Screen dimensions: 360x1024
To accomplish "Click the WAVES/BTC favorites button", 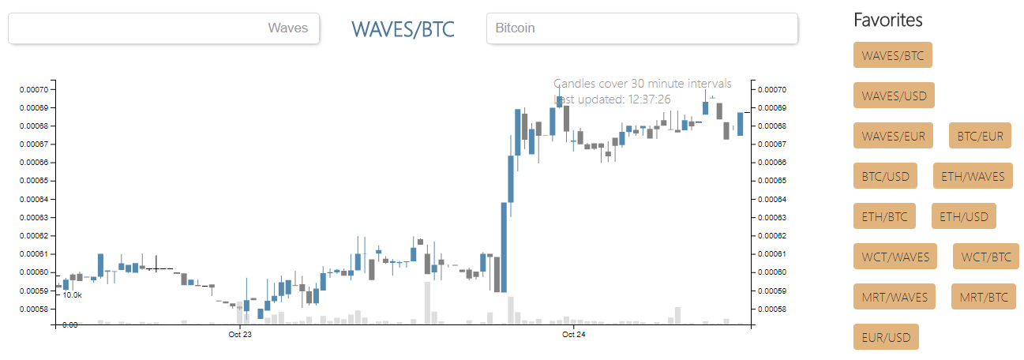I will tap(893, 55).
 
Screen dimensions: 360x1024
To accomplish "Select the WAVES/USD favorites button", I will tap(895, 96).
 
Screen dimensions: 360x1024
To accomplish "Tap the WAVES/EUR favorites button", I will tap(894, 136).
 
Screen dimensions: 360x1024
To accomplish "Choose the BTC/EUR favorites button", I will tap(980, 136).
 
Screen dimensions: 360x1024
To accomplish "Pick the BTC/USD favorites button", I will tap(885, 176).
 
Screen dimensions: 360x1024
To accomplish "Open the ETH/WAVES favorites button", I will tap(973, 176).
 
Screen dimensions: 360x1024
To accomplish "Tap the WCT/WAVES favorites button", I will tap(895, 257).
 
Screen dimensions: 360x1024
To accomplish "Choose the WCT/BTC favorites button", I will tap(986, 257).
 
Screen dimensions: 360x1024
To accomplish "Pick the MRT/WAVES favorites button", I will tap(895, 297).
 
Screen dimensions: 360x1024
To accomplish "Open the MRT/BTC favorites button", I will tap(983, 297).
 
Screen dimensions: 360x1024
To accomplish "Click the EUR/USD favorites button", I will tap(886, 337).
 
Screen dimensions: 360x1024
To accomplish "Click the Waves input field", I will tap(163, 28).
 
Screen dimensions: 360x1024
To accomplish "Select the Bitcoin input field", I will tap(642, 28).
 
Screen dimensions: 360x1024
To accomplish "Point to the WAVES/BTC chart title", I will tap(403, 29).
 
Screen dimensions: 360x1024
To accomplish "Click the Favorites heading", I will tap(888, 20).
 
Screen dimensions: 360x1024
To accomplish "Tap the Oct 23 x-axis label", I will tap(240, 335).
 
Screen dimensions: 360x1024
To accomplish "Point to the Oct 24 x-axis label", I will tap(574, 335).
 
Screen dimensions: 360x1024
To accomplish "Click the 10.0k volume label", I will tap(73, 295).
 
